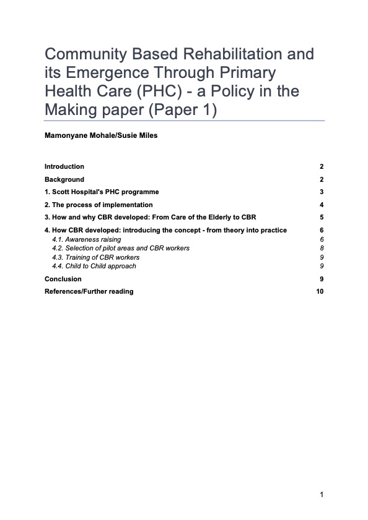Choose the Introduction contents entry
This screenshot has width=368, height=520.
tap(64, 167)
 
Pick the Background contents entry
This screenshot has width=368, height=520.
tap(64, 179)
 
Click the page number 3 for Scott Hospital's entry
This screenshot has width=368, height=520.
tap(322, 192)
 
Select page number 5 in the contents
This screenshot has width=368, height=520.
tap(322, 218)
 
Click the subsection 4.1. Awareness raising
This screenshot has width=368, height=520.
tap(86, 239)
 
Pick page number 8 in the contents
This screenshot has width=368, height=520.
tap(322, 248)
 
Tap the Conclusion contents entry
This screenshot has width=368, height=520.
tap(63, 279)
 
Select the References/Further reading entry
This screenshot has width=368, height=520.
tap(89, 291)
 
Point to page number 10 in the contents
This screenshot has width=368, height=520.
tap(320, 291)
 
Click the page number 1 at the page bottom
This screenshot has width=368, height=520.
tap(322, 495)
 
